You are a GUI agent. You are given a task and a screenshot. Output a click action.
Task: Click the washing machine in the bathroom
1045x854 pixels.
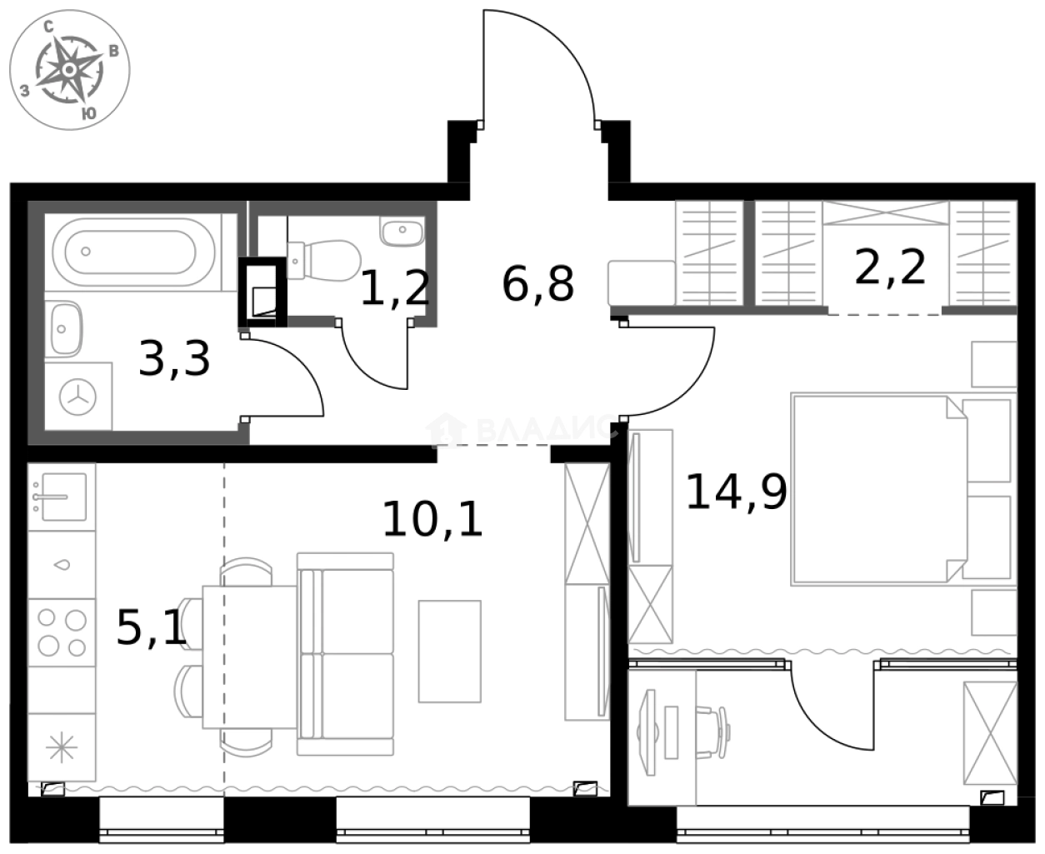pos(79,397)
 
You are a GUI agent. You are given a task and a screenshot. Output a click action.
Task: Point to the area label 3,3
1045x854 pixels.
pos(174,359)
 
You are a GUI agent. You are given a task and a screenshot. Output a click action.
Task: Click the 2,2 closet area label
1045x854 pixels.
pos(890,268)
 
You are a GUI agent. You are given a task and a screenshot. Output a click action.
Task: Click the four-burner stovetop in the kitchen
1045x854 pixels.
pos(62,632)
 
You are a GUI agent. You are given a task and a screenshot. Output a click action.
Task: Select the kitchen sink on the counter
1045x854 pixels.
pos(60,497)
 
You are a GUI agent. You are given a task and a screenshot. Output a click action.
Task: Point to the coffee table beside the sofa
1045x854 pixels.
pos(450,651)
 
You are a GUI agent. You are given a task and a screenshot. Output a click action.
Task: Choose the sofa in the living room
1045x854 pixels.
pos(346,652)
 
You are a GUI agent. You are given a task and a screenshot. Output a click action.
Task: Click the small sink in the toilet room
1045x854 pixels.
pos(402,230)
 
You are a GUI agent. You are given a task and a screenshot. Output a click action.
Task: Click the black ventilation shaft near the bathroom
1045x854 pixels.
pos(262,292)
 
